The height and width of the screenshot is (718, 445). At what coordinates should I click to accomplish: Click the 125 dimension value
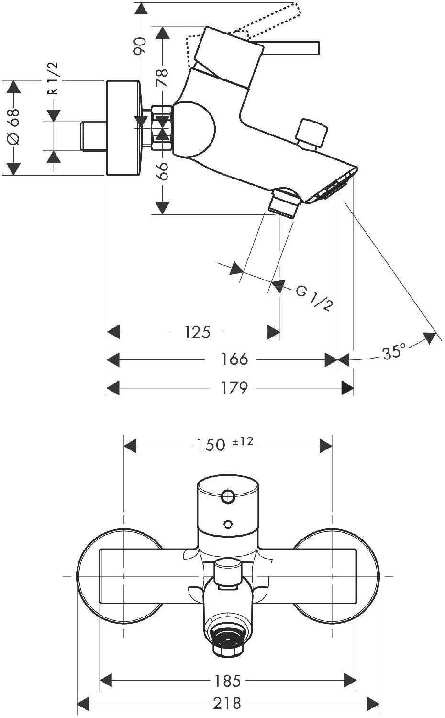197,332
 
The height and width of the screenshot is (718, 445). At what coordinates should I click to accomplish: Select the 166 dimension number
234,359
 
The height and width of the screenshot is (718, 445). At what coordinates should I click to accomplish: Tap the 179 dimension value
234,388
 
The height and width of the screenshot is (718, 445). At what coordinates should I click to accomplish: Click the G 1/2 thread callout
314,299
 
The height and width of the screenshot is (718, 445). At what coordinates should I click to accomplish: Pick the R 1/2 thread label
53,78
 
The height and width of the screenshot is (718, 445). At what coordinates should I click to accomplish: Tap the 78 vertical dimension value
163,78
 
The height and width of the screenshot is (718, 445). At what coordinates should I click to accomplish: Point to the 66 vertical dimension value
163,171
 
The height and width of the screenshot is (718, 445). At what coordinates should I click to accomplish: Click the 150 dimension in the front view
211,445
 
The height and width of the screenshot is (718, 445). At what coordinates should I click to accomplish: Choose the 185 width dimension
228,681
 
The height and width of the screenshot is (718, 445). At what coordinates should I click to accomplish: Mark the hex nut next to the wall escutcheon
162,128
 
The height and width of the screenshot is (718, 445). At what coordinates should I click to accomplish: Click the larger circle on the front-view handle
227,496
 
